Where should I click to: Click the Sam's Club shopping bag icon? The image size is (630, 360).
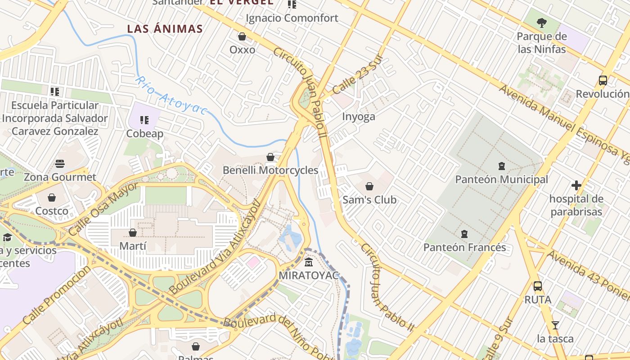point(369,186)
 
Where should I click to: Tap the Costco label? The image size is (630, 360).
point(52,211)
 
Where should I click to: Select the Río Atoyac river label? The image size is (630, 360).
point(171,96)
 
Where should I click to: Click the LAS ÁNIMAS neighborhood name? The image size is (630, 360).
point(165,29)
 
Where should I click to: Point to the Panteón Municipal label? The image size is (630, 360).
point(501,180)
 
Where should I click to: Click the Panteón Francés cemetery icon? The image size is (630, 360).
point(464,234)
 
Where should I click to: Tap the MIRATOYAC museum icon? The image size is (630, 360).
point(309,262)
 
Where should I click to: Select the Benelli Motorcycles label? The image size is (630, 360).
point(270,171)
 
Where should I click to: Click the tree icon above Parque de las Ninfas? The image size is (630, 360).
point(542,22)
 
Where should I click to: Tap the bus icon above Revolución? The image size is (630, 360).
point(603,81)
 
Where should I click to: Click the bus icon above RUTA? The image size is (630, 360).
point(537,286)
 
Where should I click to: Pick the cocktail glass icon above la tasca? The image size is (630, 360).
point(555,325)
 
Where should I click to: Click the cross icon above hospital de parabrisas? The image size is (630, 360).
point(576,185)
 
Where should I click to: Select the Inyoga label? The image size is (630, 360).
point(359,117)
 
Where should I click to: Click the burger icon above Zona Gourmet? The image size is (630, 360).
point(60,164)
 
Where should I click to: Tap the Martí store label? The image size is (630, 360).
point(133,246)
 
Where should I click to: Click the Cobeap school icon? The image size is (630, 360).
point(144,120)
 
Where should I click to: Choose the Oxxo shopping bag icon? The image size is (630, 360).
point(242,36)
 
